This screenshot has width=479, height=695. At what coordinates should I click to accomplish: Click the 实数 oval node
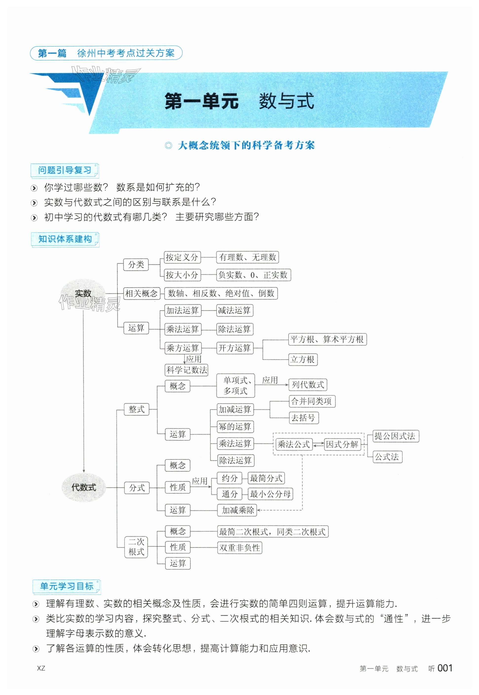[83, 293]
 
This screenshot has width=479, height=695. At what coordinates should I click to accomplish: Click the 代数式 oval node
[83, 487]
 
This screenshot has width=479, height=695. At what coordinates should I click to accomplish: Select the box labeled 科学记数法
[187, 370]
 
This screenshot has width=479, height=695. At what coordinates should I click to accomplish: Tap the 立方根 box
[303, 359]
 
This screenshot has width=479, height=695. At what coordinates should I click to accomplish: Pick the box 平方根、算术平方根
[327, 339]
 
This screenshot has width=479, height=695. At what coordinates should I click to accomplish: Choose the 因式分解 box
[342, 444]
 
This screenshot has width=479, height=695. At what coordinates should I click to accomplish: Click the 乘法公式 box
[294, 444]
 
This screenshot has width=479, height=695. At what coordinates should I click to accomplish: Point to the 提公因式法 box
[395, 436]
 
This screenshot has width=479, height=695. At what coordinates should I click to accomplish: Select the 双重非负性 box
[239, 548]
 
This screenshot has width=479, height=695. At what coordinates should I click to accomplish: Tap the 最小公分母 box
[270, 494]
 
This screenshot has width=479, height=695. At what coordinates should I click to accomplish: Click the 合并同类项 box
[312, 401]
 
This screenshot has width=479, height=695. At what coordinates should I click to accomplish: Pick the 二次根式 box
[136, 547]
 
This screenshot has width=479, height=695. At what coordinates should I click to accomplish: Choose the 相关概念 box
[141, 293]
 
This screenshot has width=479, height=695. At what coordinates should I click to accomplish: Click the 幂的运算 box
[235, 426]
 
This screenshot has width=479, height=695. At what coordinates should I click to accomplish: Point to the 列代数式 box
[308, 385]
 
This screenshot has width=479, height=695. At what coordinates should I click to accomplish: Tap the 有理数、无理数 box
[248, 257]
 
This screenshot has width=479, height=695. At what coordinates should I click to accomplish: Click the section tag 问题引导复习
[65, 170]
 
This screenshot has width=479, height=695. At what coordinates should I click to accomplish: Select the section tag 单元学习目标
[67, 586]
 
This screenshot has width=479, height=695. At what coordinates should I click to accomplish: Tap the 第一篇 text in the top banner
[52, 53]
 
